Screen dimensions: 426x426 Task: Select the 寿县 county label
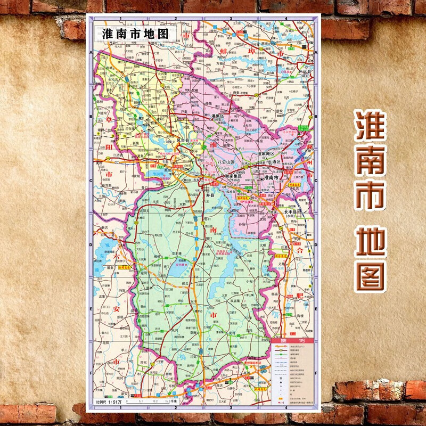pos(209,195)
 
